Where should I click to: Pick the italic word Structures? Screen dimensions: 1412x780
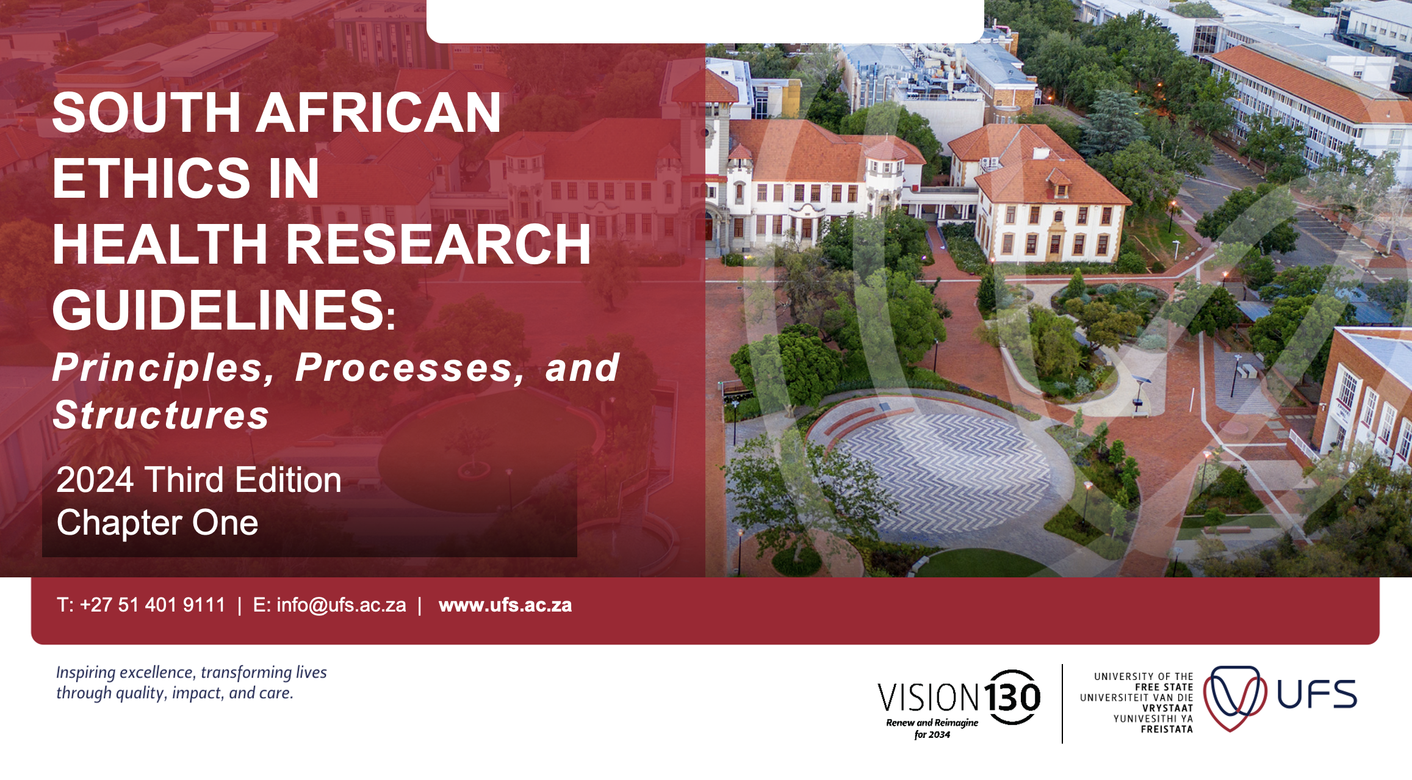pos(161,415)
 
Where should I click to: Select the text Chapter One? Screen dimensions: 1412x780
pos(157,522)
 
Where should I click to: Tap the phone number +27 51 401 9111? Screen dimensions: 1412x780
pos(153,605)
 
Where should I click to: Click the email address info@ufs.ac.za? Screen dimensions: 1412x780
pos(341,605)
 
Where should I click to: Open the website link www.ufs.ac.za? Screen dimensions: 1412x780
pos(505,605)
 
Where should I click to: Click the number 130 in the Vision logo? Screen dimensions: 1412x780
pos(1012,697)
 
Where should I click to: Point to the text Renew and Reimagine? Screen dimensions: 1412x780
pos(932,723)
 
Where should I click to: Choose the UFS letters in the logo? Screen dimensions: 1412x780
pos(1317,695)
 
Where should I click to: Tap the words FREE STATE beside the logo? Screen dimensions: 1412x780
pos(1164,687)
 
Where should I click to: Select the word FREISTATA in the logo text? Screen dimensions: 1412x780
pos(1167,729)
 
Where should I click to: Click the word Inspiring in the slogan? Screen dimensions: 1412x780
pos(85,673)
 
